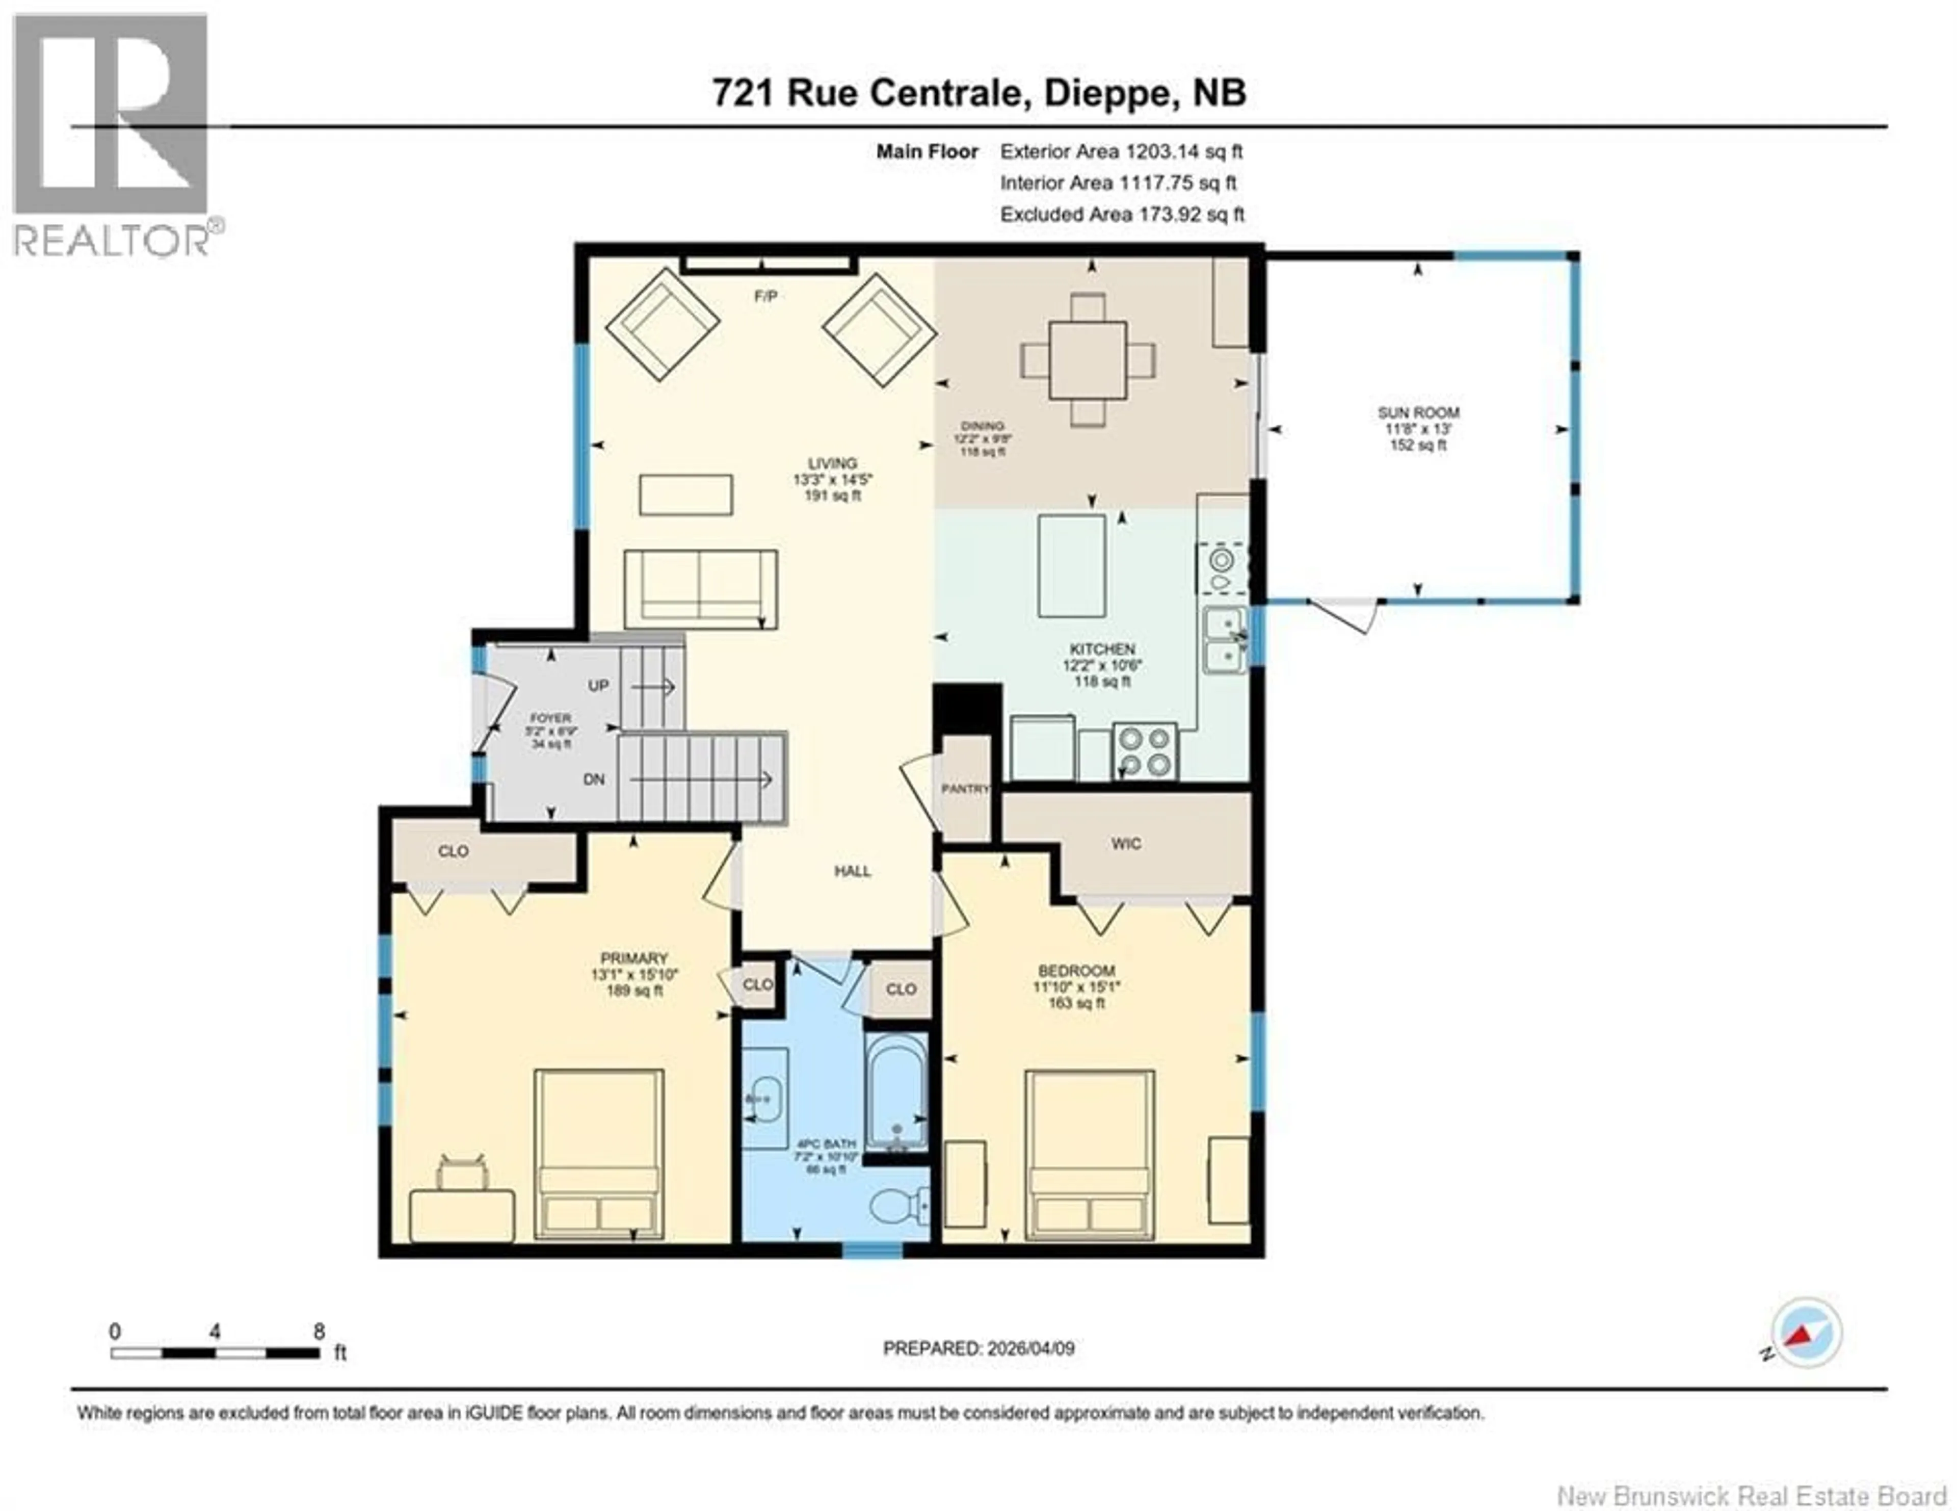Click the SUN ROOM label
[1418, 413]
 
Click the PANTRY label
[965, 789]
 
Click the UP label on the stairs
[598, 686]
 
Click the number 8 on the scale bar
[319, 1332]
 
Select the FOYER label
[550, 718]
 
